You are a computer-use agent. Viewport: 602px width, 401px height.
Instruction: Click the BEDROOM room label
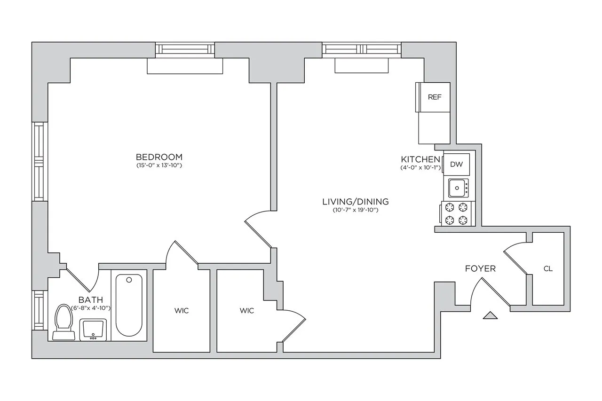(158, 157)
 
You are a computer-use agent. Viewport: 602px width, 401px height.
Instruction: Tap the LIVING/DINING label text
(355, 202)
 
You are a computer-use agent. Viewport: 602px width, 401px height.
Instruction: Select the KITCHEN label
(420, 159)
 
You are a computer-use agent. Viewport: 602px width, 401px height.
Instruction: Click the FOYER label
(480, 269)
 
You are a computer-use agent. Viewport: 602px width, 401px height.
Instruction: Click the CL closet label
(548, 269)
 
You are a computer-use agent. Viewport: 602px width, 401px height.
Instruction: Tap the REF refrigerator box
(434, 97)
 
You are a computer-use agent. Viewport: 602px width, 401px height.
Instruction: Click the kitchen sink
(458, 189)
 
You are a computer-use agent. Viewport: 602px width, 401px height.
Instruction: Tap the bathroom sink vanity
(93, 330)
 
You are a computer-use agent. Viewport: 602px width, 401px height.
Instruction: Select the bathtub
(129, 305)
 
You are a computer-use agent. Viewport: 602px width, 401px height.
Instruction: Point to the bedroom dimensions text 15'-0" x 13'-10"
(158, 165)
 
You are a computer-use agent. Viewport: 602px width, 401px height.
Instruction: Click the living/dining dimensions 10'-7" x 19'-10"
(355, 210)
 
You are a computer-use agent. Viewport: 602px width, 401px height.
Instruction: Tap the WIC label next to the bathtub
(182, 311)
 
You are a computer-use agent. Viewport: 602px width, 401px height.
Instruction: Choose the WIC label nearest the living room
(246, 311)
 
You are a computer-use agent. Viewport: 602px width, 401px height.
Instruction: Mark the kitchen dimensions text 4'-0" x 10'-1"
(420, 167)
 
